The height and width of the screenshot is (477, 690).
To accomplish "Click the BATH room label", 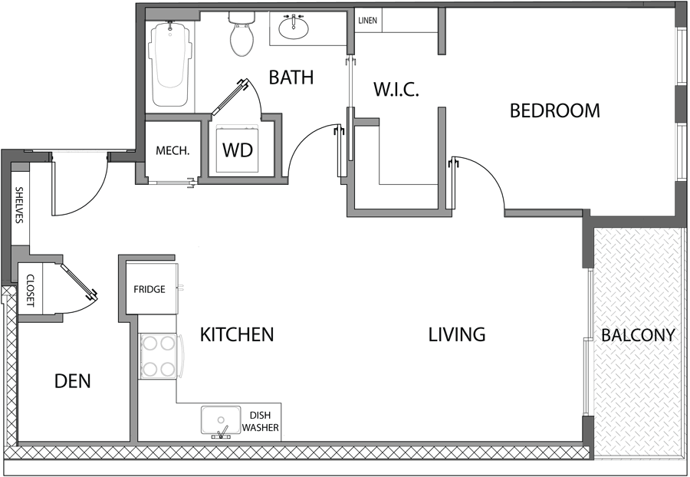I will (291, 77).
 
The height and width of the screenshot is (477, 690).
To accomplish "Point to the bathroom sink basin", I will (294, 29).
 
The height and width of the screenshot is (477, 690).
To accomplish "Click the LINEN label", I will (368, 21).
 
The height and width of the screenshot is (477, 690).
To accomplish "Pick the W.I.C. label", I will (396, 89).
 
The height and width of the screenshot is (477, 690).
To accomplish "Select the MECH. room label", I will (172, 151).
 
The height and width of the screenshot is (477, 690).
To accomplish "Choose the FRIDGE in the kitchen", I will (149, 289).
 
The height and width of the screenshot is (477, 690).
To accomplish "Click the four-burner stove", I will (159, 357).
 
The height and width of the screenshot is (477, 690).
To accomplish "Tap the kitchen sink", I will (220, 421).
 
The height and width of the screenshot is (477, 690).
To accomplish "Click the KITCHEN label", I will (237, 335).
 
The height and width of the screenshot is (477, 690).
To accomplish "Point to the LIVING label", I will (457, 335).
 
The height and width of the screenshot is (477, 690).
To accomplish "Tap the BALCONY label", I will (638, 335).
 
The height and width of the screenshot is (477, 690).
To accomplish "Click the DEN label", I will (73, 381).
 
